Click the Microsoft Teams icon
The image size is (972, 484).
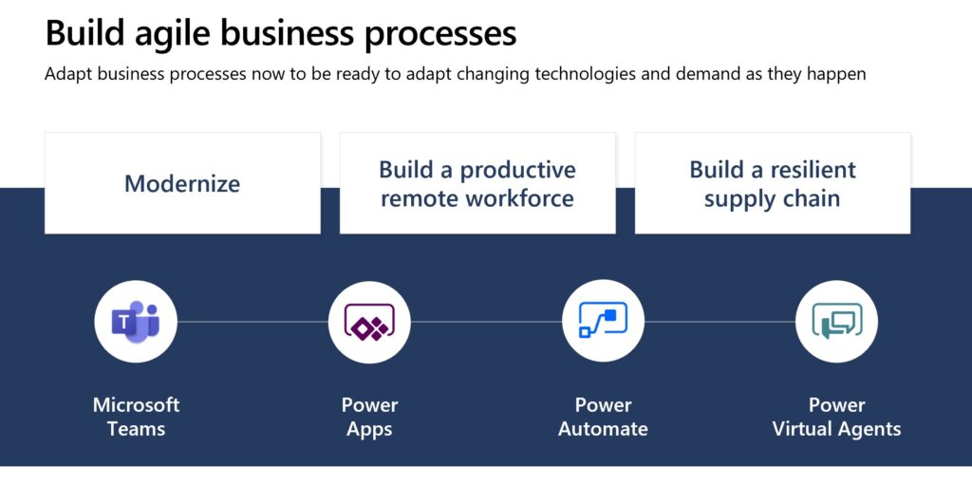click(136, 322)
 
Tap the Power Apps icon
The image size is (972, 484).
click(369, 322)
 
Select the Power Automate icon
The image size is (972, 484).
click(603, 322)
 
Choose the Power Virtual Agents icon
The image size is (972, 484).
click(836, 322)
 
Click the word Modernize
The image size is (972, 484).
click(182, 183)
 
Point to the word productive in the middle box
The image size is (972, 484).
click(517, 170)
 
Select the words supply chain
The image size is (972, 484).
click(772, 198)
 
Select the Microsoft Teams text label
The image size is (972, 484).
click(136, 417)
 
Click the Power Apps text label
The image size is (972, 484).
click(369, 417)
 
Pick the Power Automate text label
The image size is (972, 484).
click(603, 417)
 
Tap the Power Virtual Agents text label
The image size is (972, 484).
click(836, 417)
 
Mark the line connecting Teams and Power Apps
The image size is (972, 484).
click(252, 322)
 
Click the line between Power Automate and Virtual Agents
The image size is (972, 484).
click(720, 322)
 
